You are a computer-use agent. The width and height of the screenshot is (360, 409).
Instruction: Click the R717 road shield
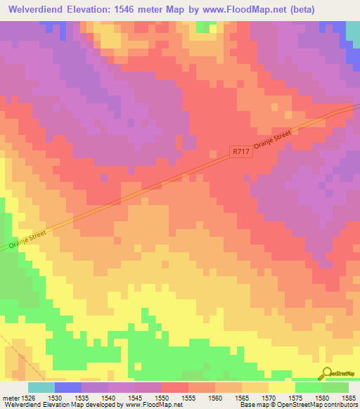241,151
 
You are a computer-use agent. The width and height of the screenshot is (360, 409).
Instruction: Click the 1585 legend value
349,398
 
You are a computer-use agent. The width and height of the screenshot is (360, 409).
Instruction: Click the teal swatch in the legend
41,388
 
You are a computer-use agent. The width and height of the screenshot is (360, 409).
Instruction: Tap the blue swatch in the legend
68,388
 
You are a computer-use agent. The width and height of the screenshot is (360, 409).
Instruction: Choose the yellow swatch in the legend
281,388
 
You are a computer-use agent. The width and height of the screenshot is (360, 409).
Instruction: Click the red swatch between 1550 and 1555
175,388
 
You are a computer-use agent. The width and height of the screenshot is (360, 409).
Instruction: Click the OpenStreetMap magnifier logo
327,373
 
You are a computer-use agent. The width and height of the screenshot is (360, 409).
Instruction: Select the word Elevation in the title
97,9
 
